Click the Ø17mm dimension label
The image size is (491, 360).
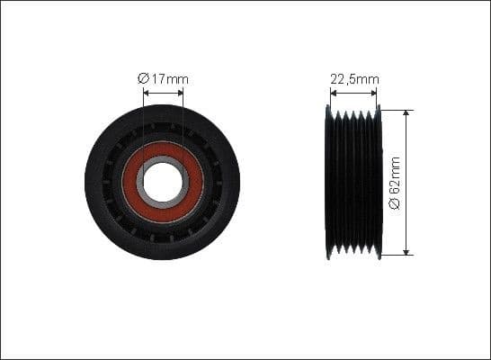point(163,79)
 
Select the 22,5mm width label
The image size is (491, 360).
point(354,79)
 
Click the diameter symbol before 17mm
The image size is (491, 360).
point(143,79)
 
